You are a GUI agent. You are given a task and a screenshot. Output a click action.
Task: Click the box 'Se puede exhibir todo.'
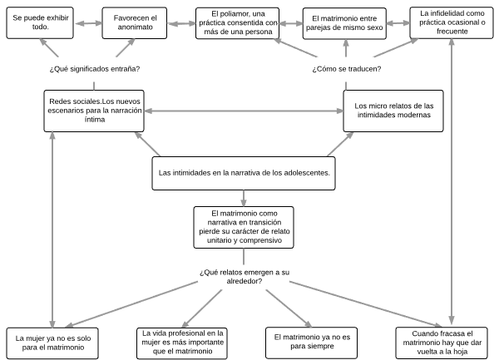pyautogui.click(x=40, y=23)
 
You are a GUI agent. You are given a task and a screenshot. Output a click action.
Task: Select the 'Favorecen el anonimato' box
pyautogui.click(x=134, y=23)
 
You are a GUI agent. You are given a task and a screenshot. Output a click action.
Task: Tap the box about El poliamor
pyautogui.click(x=237, y=23)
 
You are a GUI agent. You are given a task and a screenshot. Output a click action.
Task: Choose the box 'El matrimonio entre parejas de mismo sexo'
pyautogui.click(x=344, y=23)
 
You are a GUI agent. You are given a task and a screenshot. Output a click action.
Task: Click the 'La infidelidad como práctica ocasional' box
pyautogui.click(x=452, y=23)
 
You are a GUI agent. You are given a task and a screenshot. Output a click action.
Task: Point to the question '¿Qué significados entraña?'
pyautogui.click(x=95, y=69)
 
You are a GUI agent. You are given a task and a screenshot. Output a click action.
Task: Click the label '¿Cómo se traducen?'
pyautogui.click(x=346, y=69)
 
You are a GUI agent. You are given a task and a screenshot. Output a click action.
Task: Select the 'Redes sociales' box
pyautogui.click(x=94, y=111)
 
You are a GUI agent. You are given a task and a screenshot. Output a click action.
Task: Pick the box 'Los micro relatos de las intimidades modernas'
pyautogui.click(x=393, y=111)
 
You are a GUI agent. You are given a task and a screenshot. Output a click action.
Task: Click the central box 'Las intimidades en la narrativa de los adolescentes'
pyautogui.click(x=244, y=173)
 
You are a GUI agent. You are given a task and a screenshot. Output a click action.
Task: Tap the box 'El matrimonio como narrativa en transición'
pyautogui.click(x=244, y=227)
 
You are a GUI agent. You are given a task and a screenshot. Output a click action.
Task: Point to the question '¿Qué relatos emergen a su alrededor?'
pyautogui.click(x=245, y=277)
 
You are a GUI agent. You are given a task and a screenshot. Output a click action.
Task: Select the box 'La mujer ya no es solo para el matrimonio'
pyautogui.click(x=52, y=343)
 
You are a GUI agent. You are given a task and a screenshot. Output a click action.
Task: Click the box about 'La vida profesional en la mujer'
pyautogui.click(x=182, y=343)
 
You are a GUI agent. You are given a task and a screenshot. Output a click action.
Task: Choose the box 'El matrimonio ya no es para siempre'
pyautogui.click(x=312, y=343)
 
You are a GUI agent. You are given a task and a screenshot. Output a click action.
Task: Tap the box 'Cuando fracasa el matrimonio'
pyautogui.click(x=442, y=343)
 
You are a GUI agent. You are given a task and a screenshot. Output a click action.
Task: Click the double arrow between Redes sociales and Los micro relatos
pyautogui.click(x=244, y=111)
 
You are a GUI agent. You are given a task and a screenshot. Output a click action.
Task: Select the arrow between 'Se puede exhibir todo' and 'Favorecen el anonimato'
pyautogui.click(x=88, y=23)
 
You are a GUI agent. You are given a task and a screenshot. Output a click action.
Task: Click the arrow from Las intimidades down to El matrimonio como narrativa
pyautogui.click(x=244, y=198)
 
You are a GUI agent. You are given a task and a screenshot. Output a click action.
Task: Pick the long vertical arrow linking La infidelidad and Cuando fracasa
pyautogui.click(x=452, y=181)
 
